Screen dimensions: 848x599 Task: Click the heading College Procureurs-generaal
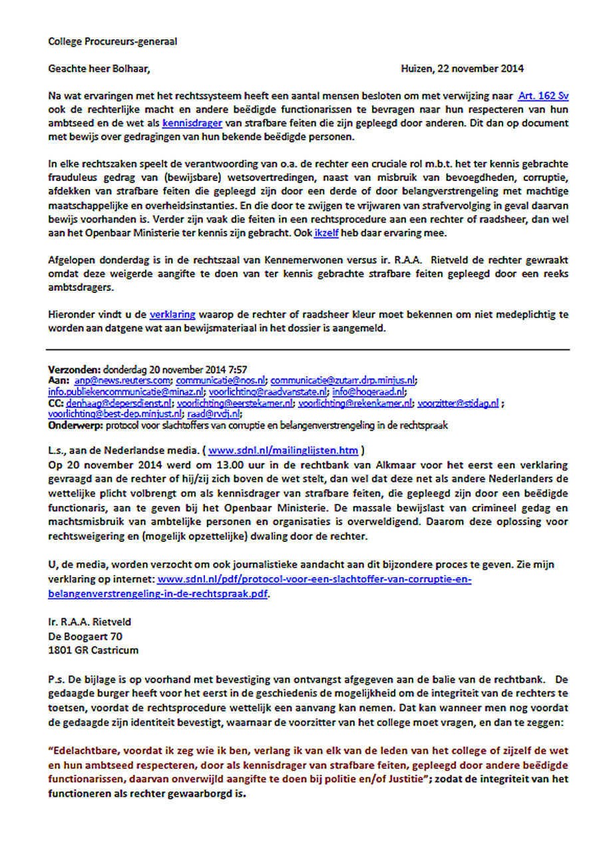(x=112, y=42)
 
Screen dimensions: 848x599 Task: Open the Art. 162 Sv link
(x=544, y=96)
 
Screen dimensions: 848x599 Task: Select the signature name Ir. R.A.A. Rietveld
(x=90, y=622)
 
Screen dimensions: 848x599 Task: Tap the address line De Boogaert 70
(x=85, y=636)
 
